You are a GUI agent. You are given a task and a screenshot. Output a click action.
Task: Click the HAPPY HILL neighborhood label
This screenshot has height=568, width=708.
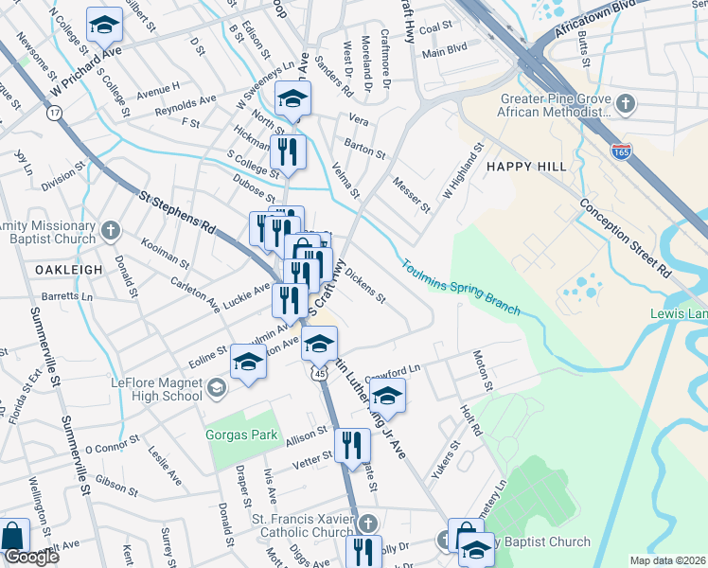[x=526, y=167]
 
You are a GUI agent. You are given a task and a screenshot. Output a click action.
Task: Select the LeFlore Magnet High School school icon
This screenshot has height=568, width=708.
[x=217, y=388]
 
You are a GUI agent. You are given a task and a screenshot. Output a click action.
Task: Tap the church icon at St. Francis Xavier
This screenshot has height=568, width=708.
[x=369, y=524]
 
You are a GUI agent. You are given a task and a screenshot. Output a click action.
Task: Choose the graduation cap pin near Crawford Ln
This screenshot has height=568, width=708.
[x=388, y=394]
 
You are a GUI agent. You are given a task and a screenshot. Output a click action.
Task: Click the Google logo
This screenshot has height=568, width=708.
[x=31, y=558]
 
